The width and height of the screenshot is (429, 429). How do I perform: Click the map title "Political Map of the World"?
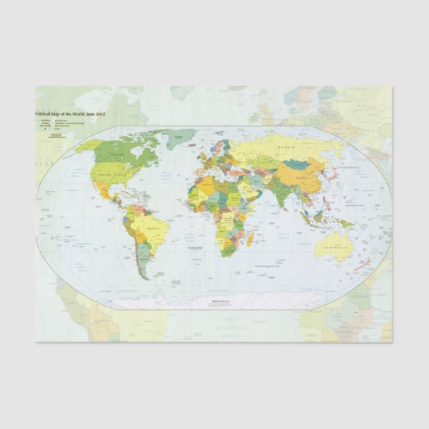click(x=71, y=115)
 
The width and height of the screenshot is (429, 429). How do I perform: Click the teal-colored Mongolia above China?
click(x=295, y=164)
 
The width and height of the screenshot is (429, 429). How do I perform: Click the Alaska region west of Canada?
click(x=83, y=145)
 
